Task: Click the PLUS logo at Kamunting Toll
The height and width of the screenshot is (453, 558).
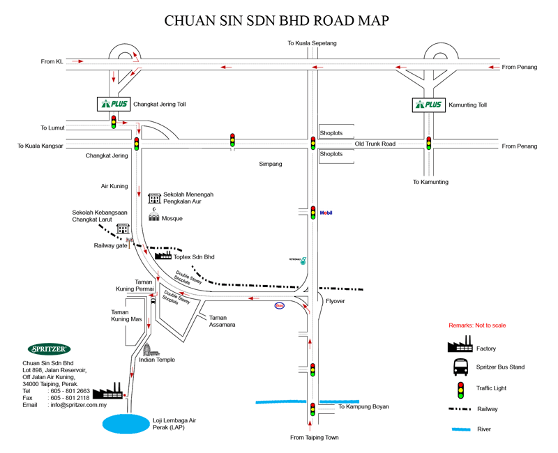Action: pyautogui.click(x=428, y=105)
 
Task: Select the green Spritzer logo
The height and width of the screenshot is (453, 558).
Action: pyautogui.click(x=49, y=349)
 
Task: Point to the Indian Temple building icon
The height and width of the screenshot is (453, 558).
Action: pyautogui.click(x=147, y=349)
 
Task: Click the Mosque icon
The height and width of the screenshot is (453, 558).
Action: pyautogui.click(x=153, y=217)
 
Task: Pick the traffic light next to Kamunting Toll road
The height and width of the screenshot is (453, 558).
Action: pyautogui.click(x=428, y=143)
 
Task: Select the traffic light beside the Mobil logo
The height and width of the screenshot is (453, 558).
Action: pyautogui.click(x=313, y=213)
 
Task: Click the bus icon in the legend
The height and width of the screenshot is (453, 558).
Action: pyautogui.click(x=460, y=367)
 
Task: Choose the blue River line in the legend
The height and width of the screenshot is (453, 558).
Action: pyautogui.click(x=461, y=429)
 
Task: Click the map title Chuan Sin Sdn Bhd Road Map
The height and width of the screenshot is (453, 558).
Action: pyautogui.click(x=276, y=20)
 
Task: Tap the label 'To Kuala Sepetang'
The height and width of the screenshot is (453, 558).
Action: pyautogui.click(x=312, y=43)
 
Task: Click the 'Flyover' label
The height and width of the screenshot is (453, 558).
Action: pyautogui.click(x=335, y=301)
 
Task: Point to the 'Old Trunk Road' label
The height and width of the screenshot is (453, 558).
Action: pyautogui.click(x=375, y=144)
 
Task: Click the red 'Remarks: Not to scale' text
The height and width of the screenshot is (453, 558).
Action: pyautogui.click(x=477, y=325)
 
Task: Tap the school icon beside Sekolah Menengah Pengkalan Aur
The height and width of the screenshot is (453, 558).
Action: pyautogui.click(x=154, y=198)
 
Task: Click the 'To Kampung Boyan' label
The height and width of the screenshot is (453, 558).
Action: pyautogui.click(x=363, y=406)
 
